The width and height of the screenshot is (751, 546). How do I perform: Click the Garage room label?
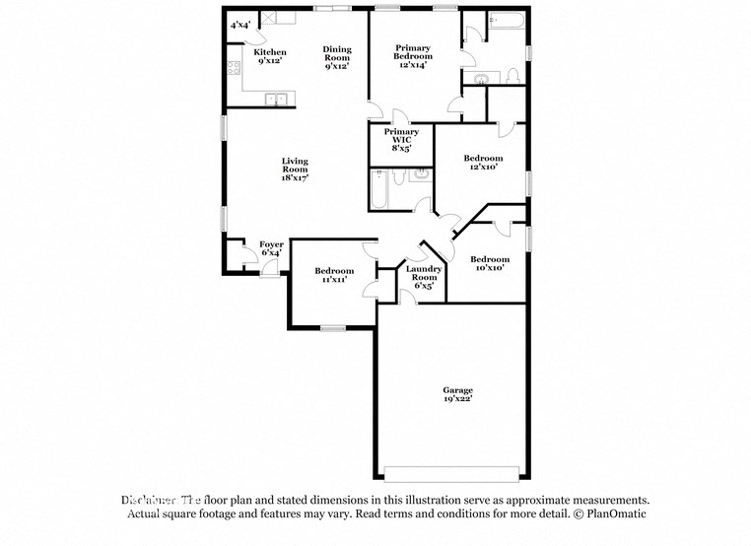click(x=456, y=390)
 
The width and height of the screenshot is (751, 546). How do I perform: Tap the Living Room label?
click(x=295, y=167)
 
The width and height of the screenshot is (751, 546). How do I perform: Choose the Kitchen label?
click(x=270, y=52)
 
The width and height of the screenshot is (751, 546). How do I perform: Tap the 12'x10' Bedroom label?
click(x=483, y=159)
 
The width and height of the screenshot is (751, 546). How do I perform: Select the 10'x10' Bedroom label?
click(x=489, y=259)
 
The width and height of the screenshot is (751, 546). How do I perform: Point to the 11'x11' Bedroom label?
click(x=334, y=271)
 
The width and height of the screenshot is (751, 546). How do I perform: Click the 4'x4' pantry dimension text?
click(x=239, y=25)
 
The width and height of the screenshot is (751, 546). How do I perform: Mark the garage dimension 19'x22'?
click(x=456, y=399)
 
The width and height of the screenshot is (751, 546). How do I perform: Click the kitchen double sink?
click(x=279, y=98)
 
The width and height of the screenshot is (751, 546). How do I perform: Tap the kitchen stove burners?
click(x=235, y=68)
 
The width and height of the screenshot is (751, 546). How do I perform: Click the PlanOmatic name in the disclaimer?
click(x=613, y=514)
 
